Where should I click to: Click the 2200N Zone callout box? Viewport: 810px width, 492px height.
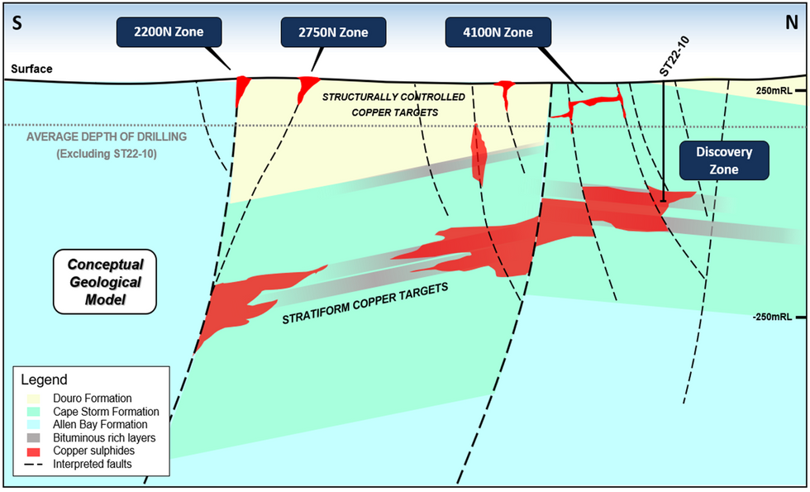[169, 32]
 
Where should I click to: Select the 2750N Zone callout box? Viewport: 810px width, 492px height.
[333, 32]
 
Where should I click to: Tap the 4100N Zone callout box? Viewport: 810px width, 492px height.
[498, 32]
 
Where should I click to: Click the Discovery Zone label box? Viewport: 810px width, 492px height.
[724, 160]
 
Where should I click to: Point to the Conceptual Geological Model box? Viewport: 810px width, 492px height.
[105, 282]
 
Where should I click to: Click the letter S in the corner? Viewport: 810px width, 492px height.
[17, 24]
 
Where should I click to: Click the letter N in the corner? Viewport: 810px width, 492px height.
[792, 24]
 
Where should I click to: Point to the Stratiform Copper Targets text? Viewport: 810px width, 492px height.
[364, 304]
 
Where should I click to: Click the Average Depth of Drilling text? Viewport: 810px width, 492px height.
[107, 137]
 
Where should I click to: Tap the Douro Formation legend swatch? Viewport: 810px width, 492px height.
[32, 399]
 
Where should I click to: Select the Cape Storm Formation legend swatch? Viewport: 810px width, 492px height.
[32, 412]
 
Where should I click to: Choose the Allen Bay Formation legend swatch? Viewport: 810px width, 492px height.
[32, 425]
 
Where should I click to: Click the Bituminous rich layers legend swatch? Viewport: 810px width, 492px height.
[32, 438]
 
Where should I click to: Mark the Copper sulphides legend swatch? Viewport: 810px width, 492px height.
[32, 451]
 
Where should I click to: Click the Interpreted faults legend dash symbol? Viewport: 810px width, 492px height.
[32, 464]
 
